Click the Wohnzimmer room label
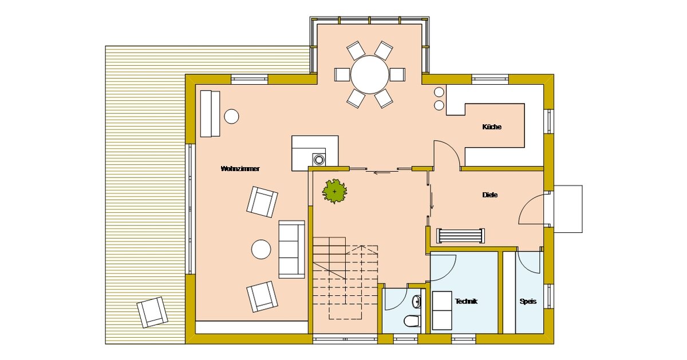(x=240, y=169)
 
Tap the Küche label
(x=492, y=126)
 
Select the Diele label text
(x=490, y=195)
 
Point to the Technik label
(x=466, y=301)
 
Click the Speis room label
(x=528, y=302)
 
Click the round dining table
(x=370, y=74)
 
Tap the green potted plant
(x=334, y=191)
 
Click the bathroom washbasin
(x=417, y=302)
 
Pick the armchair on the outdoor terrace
(x=152, y=312)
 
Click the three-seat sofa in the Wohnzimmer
(x=291, y=250)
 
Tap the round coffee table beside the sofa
(x=261, y=250)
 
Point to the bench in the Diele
(x=460, y=236)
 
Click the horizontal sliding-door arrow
(x=382, y=173)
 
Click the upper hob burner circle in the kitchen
(x=439, y=92)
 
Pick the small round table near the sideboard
(x=231, y=117)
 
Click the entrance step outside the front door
(x=568, y=209)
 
